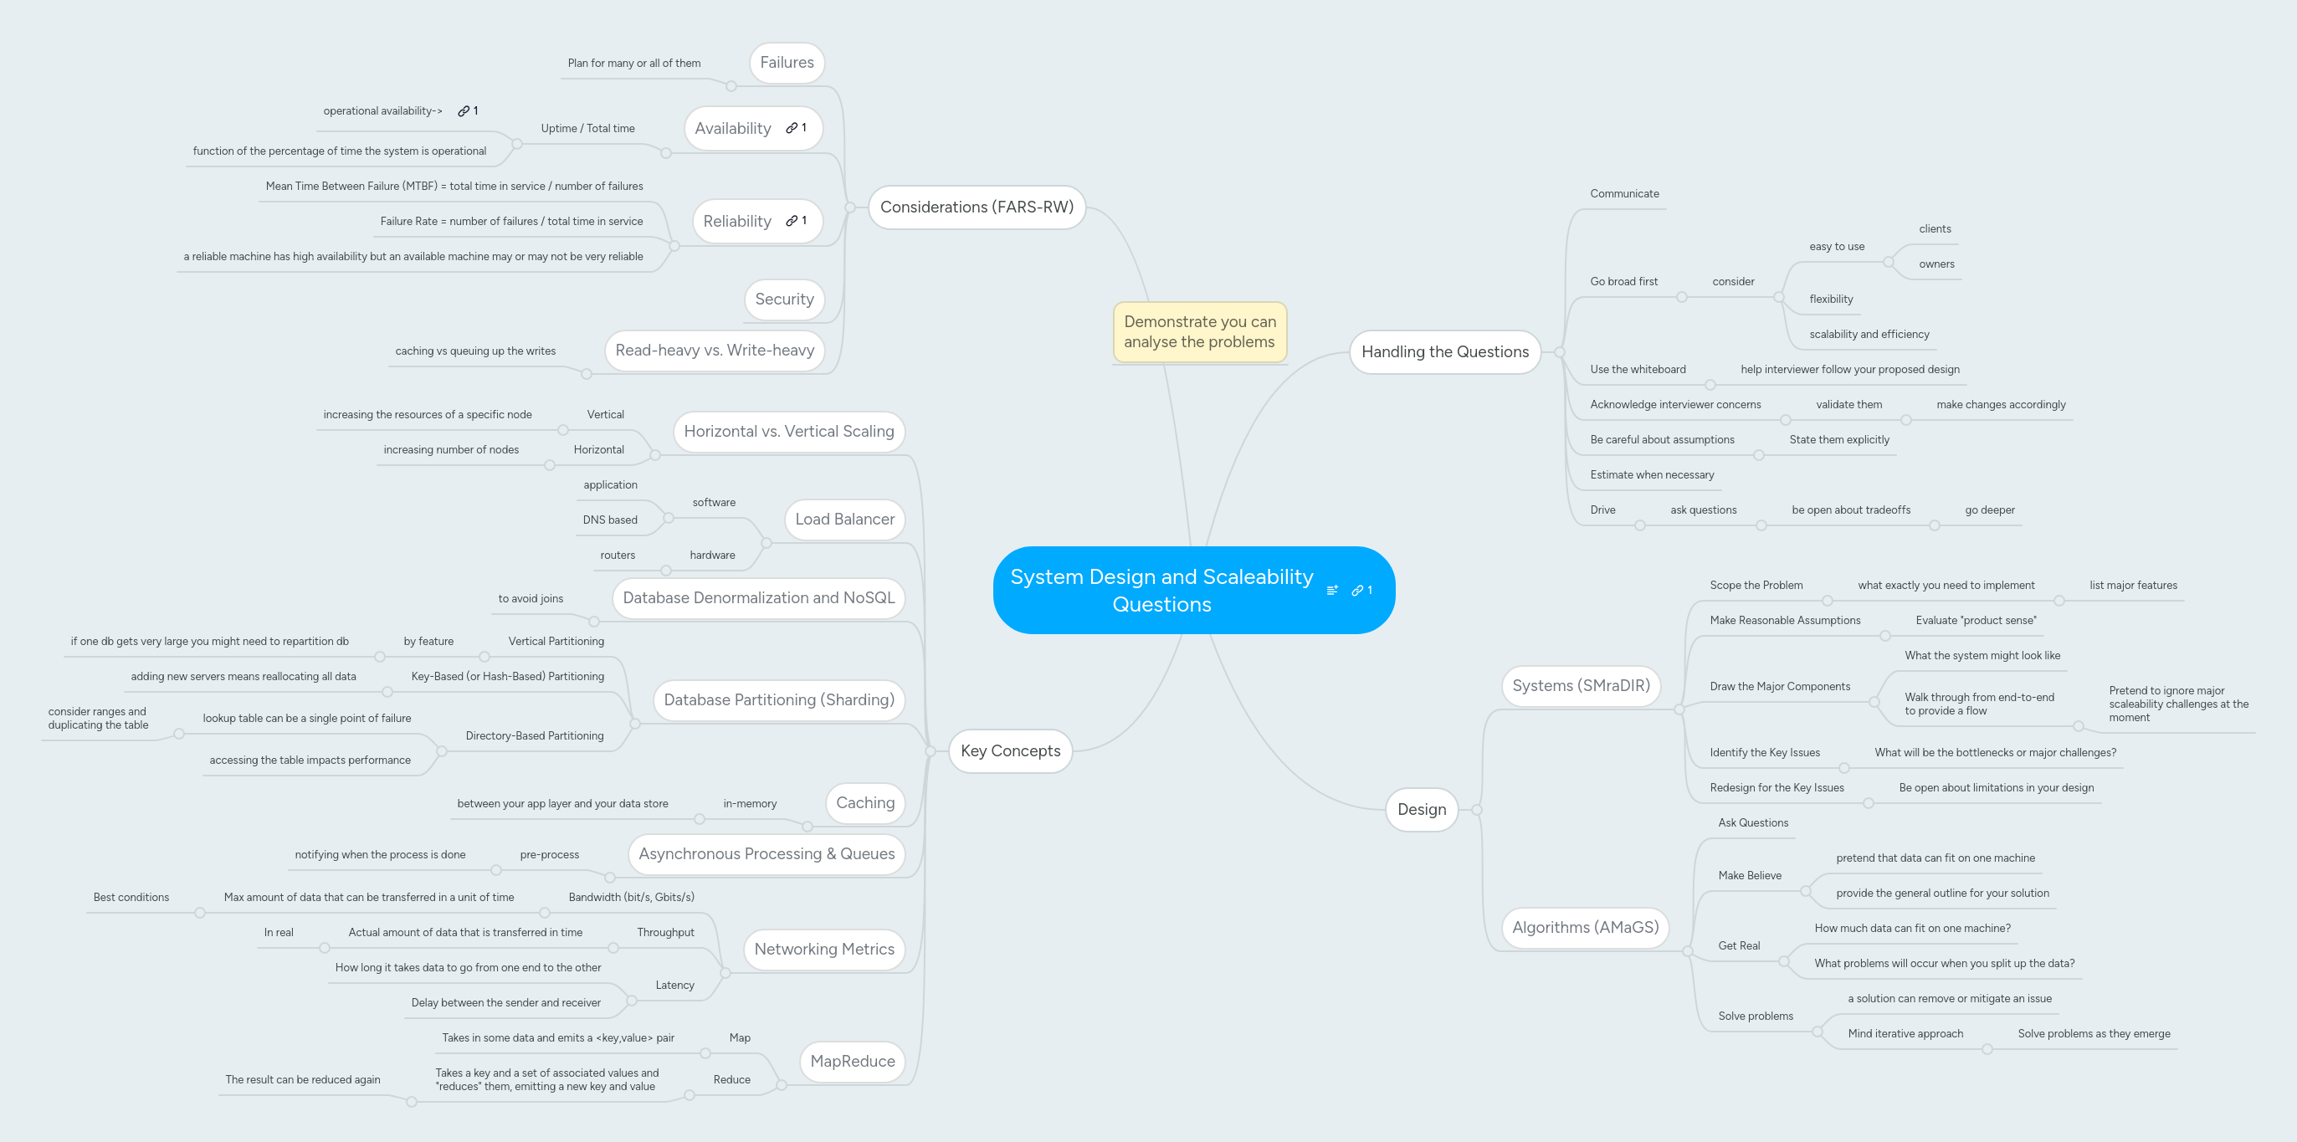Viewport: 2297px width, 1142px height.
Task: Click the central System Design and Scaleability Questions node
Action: [1161, 590]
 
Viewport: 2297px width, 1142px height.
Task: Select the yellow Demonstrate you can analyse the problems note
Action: [1199, 331]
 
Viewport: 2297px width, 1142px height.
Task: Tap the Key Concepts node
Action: [1010, 750]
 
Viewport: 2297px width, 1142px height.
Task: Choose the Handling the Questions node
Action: [1444, 352]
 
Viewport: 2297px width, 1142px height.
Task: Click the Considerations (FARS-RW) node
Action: [977, 207]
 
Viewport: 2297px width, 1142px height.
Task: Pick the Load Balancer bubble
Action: [844, 520]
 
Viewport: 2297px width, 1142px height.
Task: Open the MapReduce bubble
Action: [852, 1061]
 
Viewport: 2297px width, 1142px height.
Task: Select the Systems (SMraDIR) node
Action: [1581, 685]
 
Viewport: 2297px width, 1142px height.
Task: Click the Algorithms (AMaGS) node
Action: [1585, 927]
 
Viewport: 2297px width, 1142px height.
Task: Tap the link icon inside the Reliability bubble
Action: [792, 221]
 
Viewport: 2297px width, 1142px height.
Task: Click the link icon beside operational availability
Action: [464, 111]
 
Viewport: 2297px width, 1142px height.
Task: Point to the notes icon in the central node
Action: [1332, 590]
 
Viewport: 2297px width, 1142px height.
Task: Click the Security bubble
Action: [784, 300]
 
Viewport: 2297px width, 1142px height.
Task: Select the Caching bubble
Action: [865, 803]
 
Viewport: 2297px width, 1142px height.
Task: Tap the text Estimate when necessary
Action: [1652, 475]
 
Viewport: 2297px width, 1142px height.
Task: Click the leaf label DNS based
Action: [610, 520]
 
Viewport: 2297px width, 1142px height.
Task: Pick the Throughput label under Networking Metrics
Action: [665, 933]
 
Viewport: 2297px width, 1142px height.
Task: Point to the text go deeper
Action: [1989, 510]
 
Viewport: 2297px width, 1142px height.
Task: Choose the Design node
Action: [1422, 810]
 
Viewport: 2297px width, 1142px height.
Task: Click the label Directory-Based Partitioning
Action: [534, 736]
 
